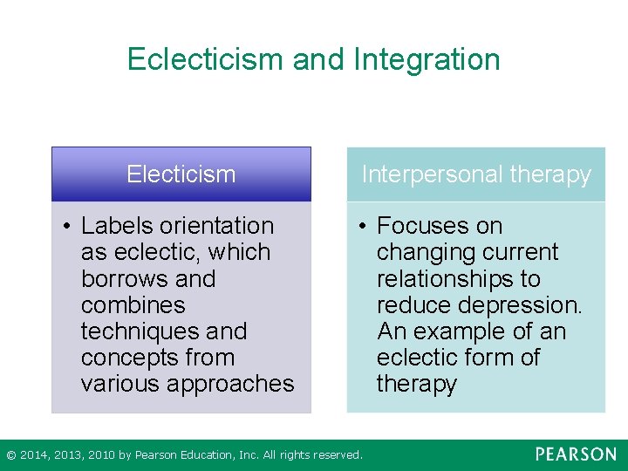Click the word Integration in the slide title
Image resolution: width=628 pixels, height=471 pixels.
coord(427,59)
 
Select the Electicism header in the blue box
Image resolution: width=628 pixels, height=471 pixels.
coord(181,174)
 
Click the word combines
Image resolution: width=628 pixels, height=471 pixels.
coord(133,305)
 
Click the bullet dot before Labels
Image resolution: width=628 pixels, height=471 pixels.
coord(67,227)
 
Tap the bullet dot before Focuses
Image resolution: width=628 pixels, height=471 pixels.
coord(363,227)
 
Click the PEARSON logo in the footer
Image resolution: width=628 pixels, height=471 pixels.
coord(576,454)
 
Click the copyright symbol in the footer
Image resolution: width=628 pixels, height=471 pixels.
coord(10,455)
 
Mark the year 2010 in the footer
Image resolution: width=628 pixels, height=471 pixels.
coord(99,455)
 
